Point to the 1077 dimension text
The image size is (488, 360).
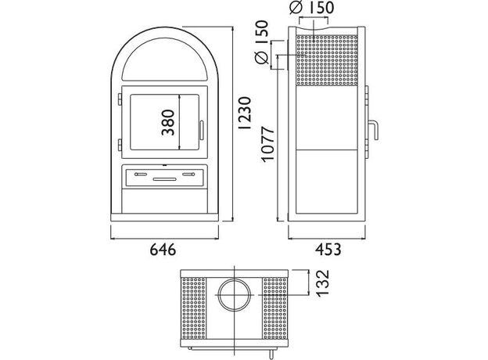point(267,143)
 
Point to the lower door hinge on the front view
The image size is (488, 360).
point(119,144)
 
